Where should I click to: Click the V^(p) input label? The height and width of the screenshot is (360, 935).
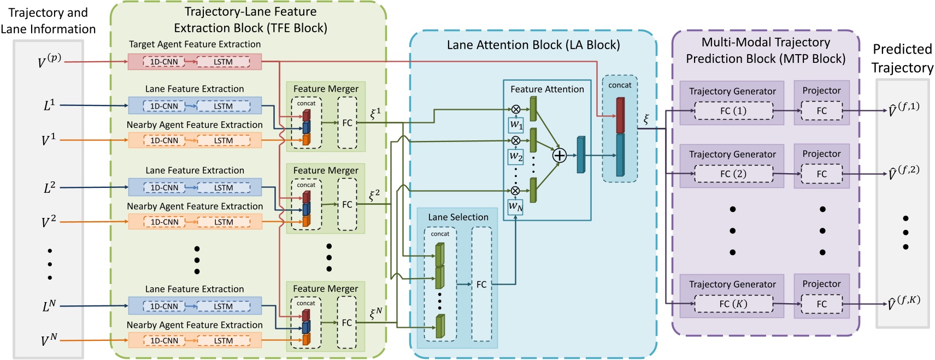(x=49, y=61)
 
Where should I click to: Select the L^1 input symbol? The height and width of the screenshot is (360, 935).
(x=49, y=105)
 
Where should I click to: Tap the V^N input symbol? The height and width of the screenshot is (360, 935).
(x=49, y=340)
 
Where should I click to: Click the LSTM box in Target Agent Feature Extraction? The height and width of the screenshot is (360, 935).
(x=223, y=62)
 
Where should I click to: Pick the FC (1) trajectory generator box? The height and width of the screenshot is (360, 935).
(x=733, y=111)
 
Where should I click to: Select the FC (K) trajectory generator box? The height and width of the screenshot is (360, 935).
(x=733, y=304)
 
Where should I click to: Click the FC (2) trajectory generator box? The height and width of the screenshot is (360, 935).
(x=733, y=174)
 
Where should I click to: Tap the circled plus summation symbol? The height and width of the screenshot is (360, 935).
(x=559, y=155)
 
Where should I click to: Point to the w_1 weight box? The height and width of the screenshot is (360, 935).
(x=516, y=125)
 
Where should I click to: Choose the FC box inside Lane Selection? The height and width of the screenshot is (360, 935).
(x=481, y=284)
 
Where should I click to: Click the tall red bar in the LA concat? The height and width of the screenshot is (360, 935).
(x=620, y=115)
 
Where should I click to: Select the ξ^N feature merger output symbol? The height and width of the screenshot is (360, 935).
(x=375, y=314)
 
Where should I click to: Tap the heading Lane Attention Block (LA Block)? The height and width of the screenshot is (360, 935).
(x=533, y=45)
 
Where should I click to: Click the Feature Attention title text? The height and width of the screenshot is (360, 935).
(x=547, y=89)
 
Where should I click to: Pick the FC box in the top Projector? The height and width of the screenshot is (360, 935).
(x=821, y=111)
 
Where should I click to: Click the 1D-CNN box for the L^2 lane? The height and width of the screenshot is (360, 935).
(x=164, y=187)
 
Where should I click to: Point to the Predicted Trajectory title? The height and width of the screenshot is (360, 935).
(x=902, y=58)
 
